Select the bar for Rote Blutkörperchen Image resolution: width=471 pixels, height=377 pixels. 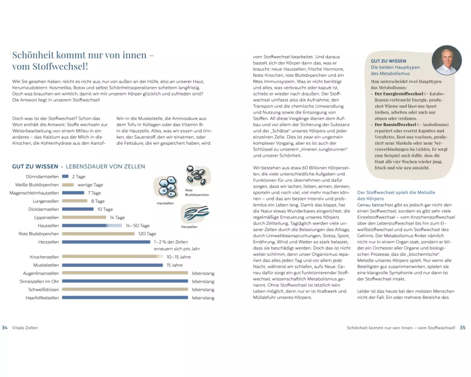click(99, 234)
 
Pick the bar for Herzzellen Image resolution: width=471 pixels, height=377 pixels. click(106, 242)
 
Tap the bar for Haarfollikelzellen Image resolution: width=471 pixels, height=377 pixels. click(125, 297)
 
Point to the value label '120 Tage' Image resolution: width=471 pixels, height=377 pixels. click(147, 234)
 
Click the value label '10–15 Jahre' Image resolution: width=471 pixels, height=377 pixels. click(179, 257)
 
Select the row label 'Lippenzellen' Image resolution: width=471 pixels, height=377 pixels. click(47, 218)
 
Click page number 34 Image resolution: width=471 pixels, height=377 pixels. click(5, 328)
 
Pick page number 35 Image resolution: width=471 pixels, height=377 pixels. click(463, 328)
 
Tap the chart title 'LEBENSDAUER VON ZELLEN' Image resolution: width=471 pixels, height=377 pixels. click(106, 166)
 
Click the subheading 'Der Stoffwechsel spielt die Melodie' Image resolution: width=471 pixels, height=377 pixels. click(396, 192)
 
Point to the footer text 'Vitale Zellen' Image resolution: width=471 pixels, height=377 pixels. click(24, 328)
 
